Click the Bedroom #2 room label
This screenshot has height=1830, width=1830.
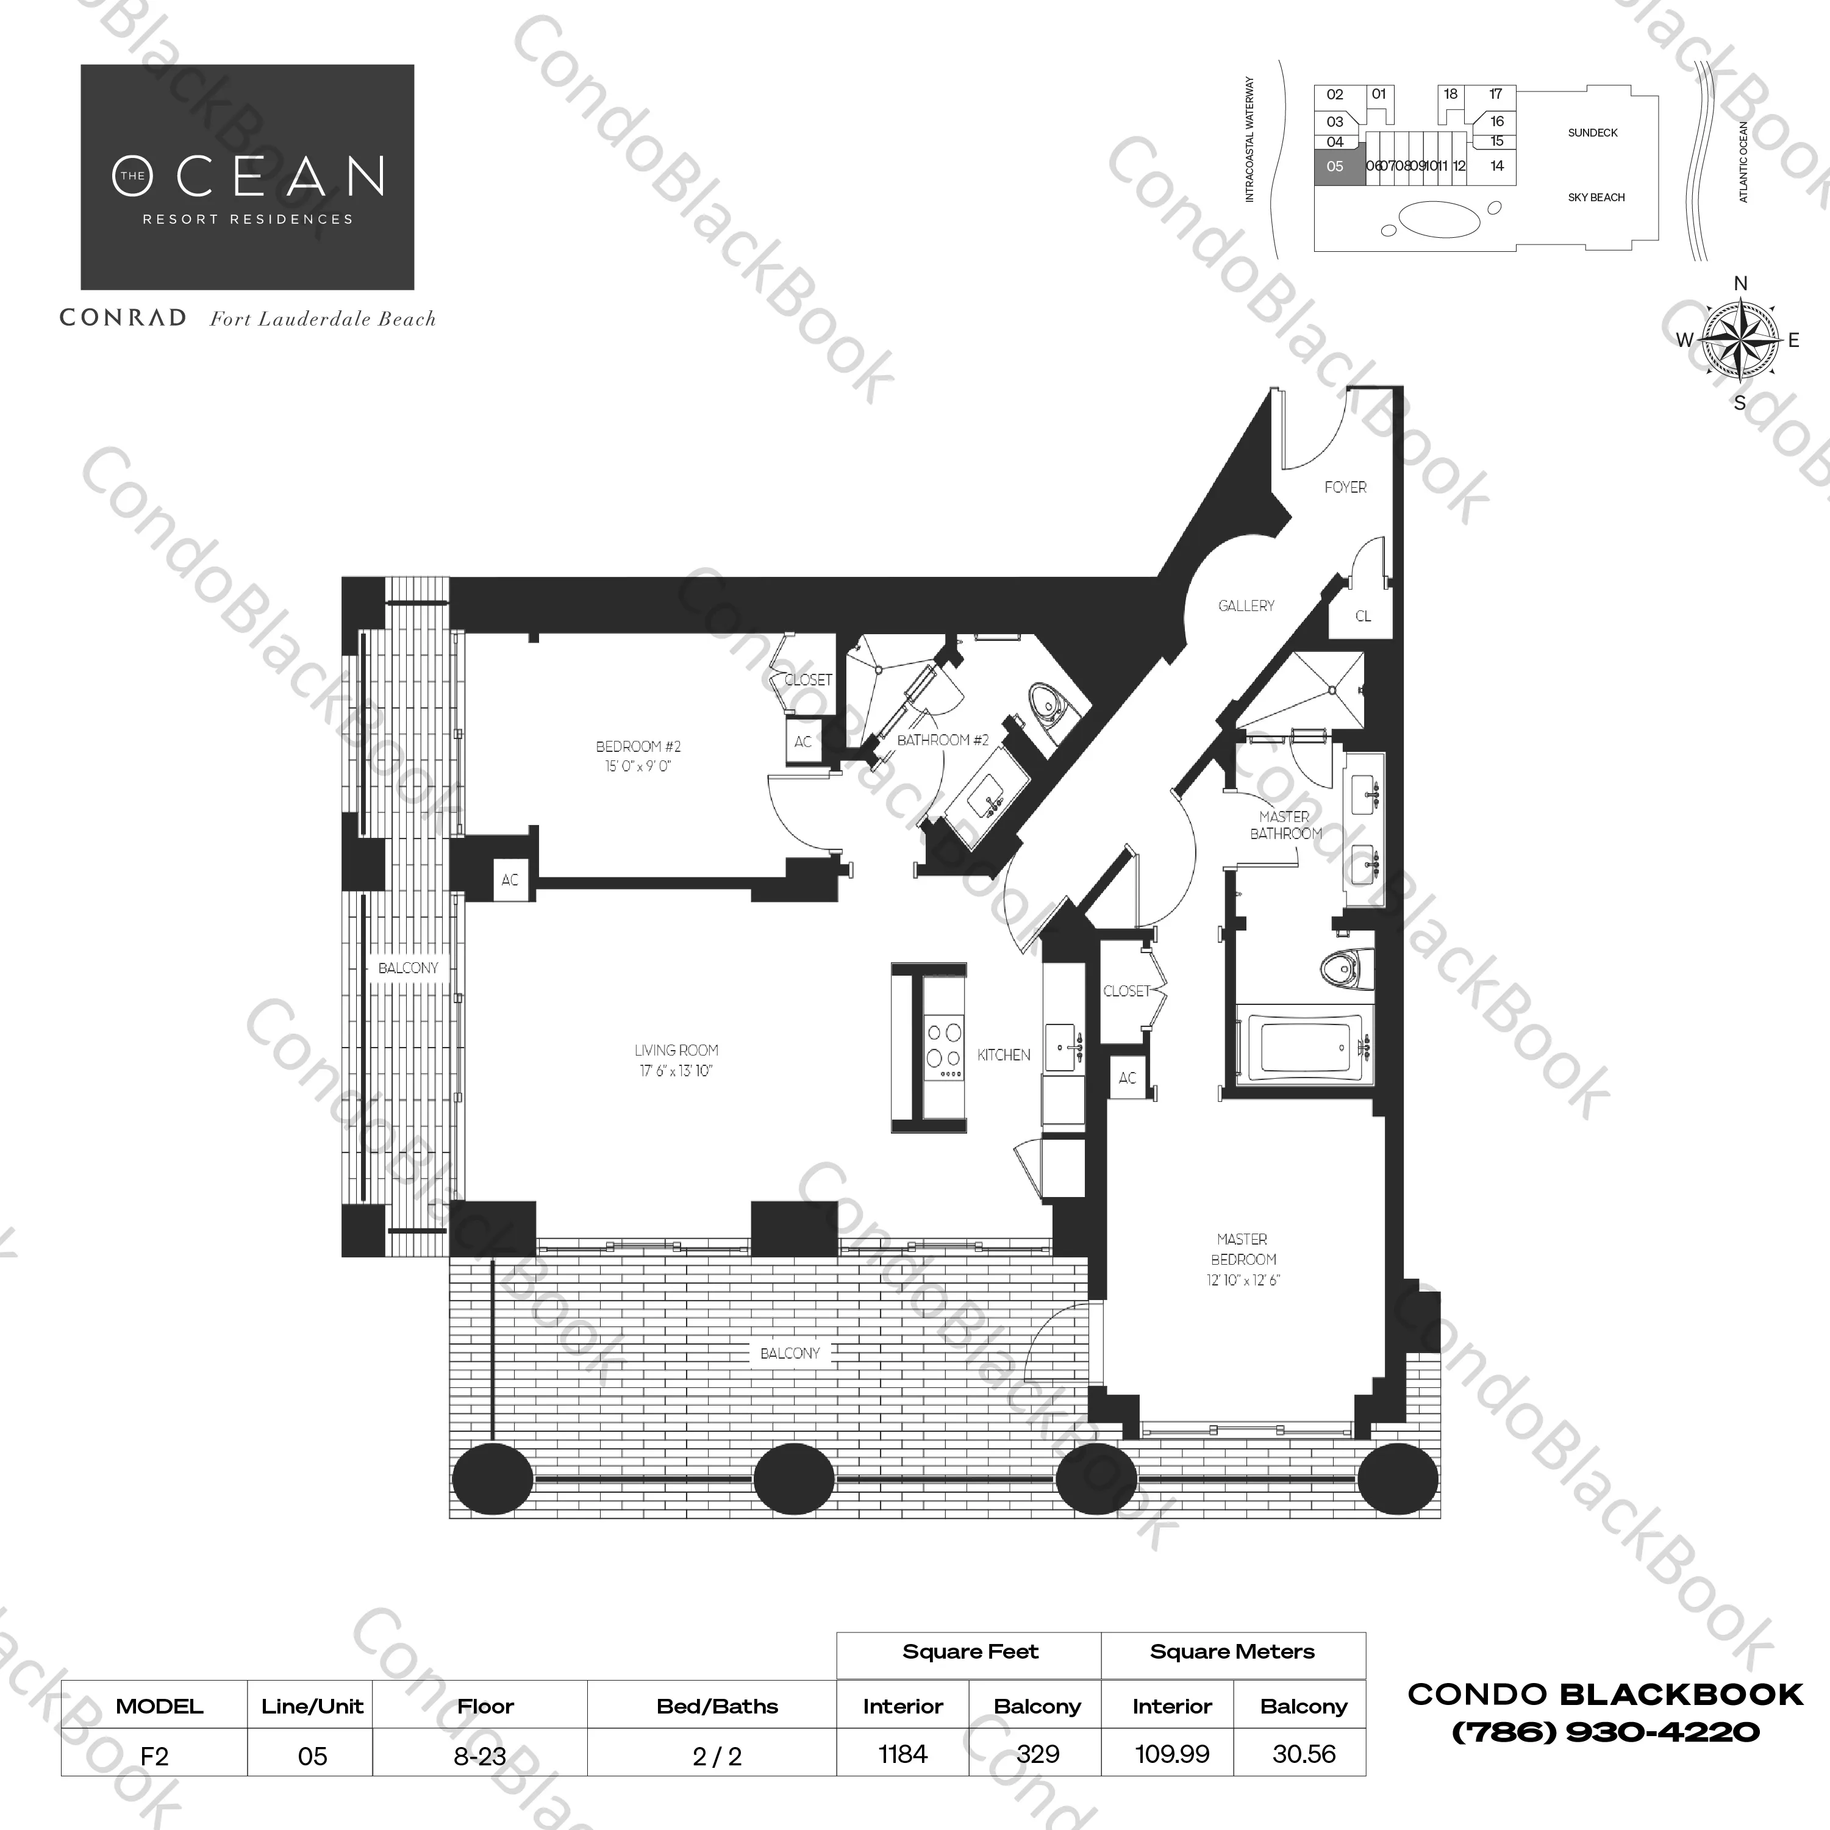pos(638,746)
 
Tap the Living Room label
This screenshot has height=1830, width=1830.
pos(676,1051)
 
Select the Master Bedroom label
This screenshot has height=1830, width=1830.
pos(1243,1249)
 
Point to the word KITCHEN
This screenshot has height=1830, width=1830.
pos(1004,1055)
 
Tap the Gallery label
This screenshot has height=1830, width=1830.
pos(1246,606)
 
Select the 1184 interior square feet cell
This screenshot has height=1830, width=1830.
pos(902,1754)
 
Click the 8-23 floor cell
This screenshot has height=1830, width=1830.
pos(481,1756)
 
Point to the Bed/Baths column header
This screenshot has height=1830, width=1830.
pos(717,1706)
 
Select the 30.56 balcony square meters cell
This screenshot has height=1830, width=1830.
pos(1304,1754)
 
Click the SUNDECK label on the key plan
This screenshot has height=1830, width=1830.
pos(1593,132)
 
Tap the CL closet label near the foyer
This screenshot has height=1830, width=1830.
pos(1363,616)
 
